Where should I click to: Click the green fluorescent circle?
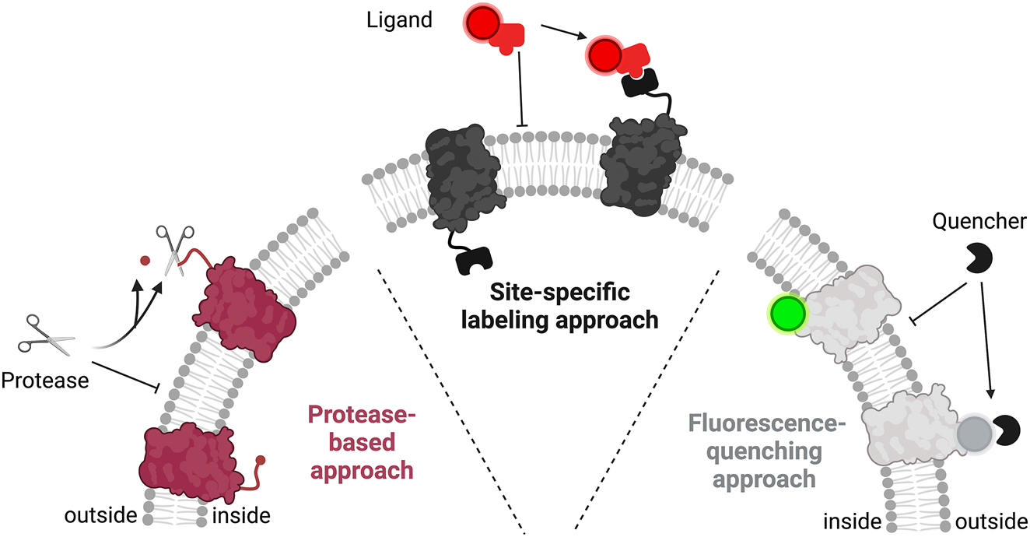click(787, 315)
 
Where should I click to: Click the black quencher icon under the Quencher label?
click(980, 258)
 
